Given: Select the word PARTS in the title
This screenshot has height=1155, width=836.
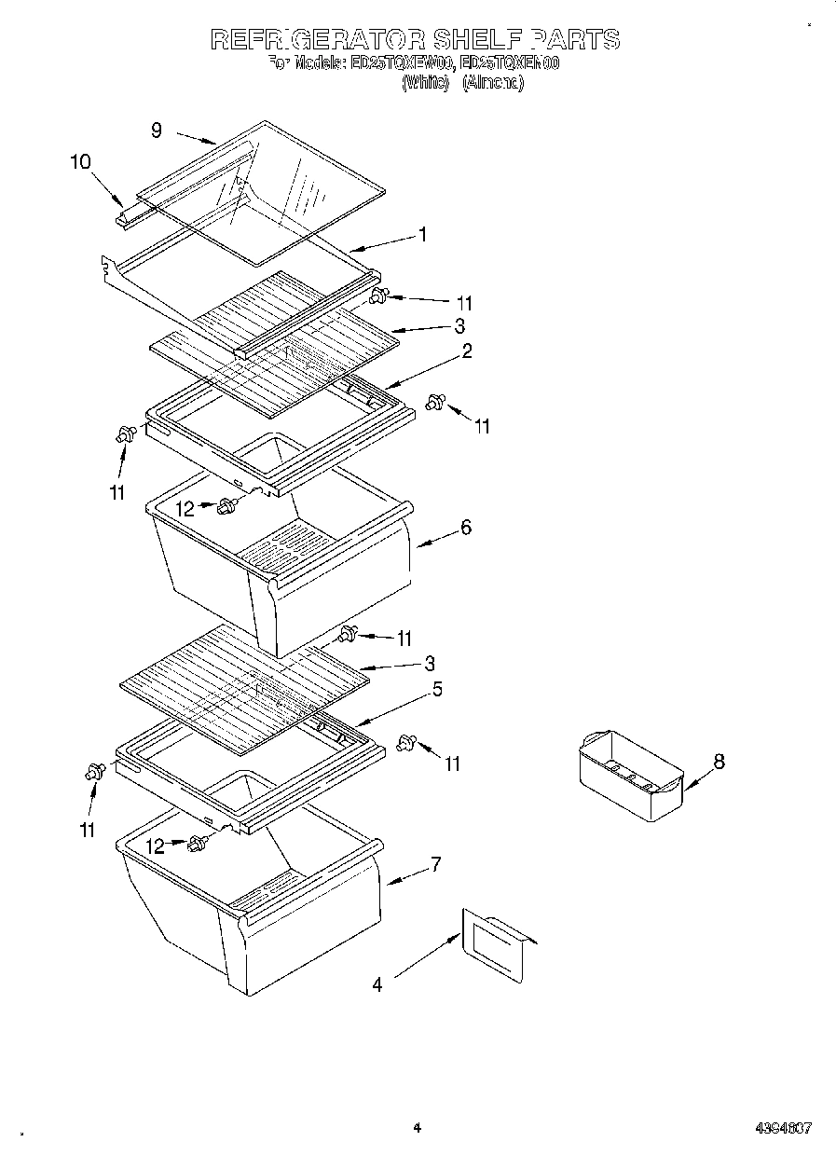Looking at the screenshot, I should coord(575,39).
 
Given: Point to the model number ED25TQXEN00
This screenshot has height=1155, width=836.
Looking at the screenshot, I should coord(510,63).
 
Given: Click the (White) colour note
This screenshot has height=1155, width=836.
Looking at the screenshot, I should coord(426,83).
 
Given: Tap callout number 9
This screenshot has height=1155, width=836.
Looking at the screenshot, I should coord(157,131).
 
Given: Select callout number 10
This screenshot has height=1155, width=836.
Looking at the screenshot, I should coord(80,161).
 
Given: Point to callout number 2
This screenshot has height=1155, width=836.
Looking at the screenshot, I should coord(466,351).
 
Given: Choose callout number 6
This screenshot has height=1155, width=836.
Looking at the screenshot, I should coord(465,528).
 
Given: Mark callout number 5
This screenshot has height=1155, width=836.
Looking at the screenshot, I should coord(436,690).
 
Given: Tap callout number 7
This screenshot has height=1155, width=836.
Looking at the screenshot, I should coord(435,863).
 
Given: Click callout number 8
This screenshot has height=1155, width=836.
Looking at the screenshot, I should coord(719,762).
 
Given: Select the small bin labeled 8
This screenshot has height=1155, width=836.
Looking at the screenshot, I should coord(631,775).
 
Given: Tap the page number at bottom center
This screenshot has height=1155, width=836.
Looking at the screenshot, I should coord(417,1128).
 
